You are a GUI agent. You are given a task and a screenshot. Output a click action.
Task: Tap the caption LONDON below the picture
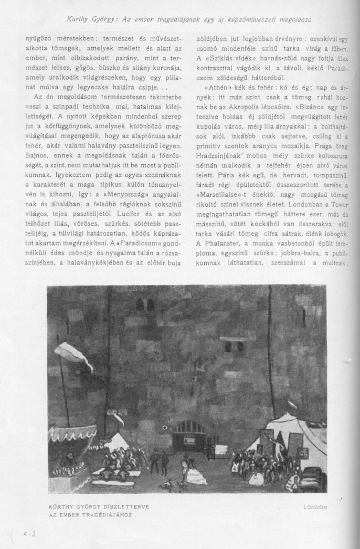pyautogui.click(x=315, y=507)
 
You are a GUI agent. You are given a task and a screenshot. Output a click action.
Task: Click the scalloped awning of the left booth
pyautogui.click(x=72, y=432)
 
